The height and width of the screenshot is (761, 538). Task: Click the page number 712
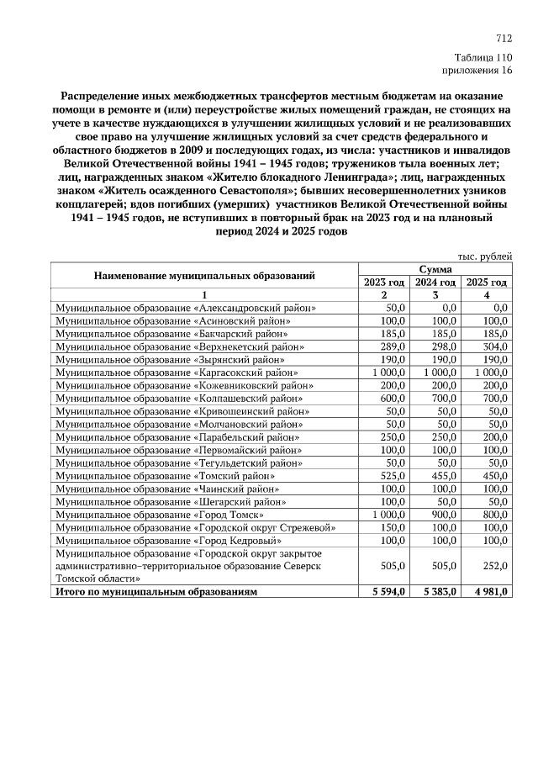coord(504,39)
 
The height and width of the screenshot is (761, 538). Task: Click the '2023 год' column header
coord(384,282)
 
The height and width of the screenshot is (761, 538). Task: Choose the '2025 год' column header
coord(486,282)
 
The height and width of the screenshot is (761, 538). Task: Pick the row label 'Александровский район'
coord(186,309)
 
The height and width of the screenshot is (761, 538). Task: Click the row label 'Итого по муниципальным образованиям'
coord(156,592)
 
